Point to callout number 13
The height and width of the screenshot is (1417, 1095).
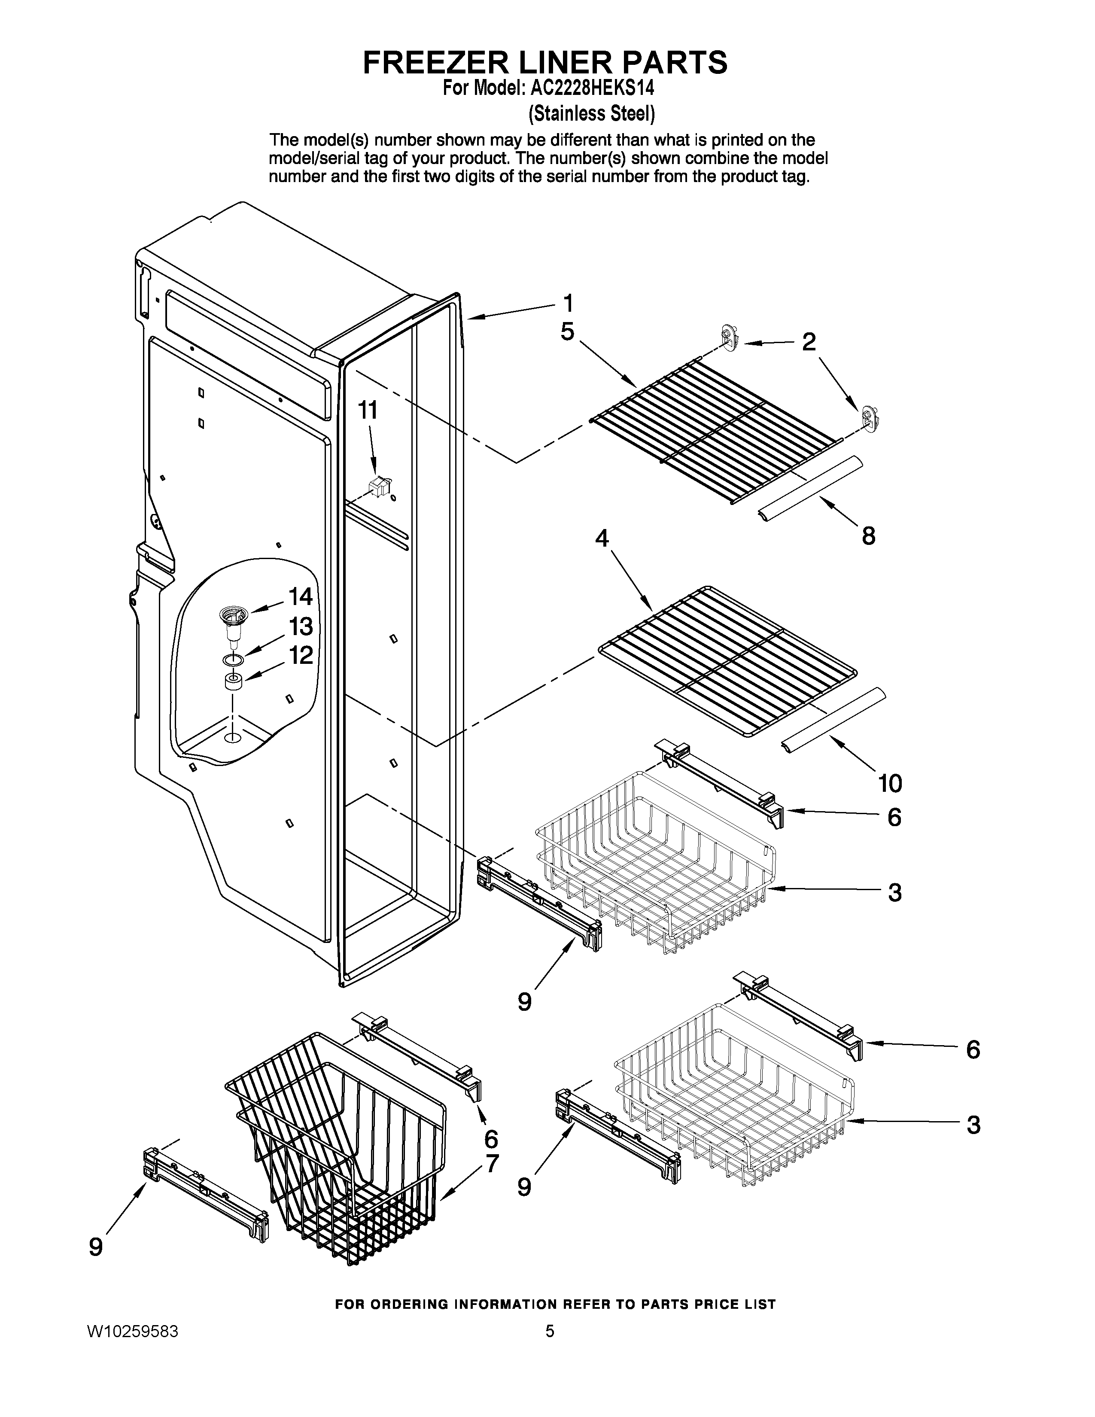pyautogui.click(x=300, y=627)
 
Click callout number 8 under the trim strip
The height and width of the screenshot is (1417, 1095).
pyautogui.click(x=868, y=536)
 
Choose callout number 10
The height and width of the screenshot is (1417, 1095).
pyautogui.click(x=890, y=783)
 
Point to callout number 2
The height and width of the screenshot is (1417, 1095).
pyautogui.click(x=808, y=342)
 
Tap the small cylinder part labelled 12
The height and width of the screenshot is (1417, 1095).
pyautogui.click(x=234, y=683)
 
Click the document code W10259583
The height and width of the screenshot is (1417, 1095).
pyautogui.click(x=133, y=1332)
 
